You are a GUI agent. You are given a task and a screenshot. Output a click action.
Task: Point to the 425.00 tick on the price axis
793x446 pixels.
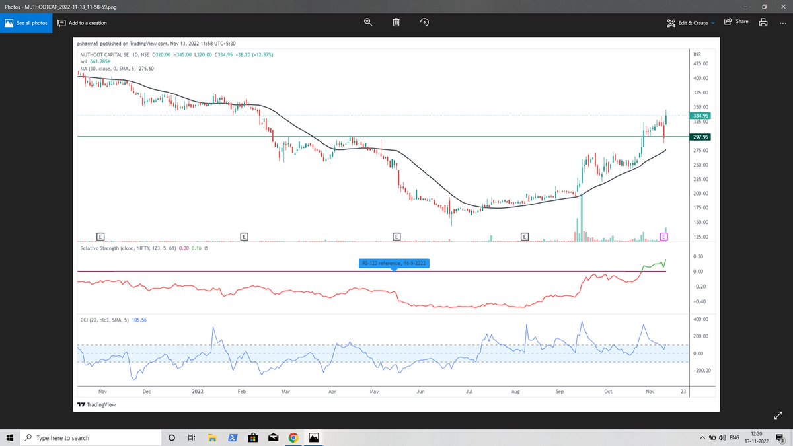[x=700, y=64]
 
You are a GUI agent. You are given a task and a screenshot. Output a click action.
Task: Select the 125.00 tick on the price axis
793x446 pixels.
[x=700, y=237]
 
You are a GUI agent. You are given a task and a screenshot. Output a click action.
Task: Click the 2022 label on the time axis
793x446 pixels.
[x=198, y=391]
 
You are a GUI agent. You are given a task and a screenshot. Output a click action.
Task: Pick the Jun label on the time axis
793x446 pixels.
[x=420, y=391]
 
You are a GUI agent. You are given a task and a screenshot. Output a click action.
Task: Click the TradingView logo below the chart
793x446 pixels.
[x=96, y=404]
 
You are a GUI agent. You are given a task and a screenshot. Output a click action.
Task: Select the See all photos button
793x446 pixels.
[x=26, y=22]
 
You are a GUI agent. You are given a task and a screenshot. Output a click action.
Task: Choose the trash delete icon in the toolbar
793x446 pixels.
[x=397, y=22]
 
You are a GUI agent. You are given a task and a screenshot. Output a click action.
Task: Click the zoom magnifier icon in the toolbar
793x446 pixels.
[x=368, y=22]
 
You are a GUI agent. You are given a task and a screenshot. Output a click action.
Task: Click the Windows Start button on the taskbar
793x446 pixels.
[x=11, y=438]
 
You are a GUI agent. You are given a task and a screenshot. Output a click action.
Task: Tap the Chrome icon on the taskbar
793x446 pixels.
[x=293, y=438]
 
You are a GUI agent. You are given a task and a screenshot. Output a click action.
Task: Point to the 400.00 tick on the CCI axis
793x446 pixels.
[x=700, y=319]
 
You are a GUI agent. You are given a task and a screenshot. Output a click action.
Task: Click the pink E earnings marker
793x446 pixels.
[x=663, y=236]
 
